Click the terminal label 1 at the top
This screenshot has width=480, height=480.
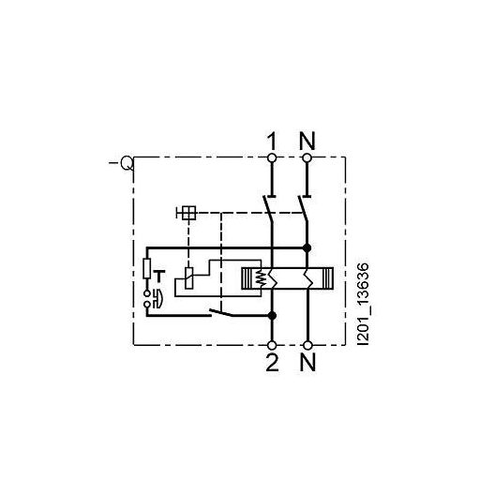pos(272,142)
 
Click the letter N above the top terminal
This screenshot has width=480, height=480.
pos(307,142)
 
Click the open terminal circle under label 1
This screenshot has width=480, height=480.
pos(272,158)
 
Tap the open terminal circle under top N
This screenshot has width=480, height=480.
pos(307,158)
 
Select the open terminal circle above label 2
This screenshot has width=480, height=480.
pos(272,343)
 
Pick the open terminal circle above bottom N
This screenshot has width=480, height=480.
pos(307,343)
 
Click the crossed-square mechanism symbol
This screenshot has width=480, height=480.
pos(188,213)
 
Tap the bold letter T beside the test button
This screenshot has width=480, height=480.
pos(160,275)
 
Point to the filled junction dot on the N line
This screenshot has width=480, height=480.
pos(307,247)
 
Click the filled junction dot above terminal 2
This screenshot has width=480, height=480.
pos(272,314)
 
